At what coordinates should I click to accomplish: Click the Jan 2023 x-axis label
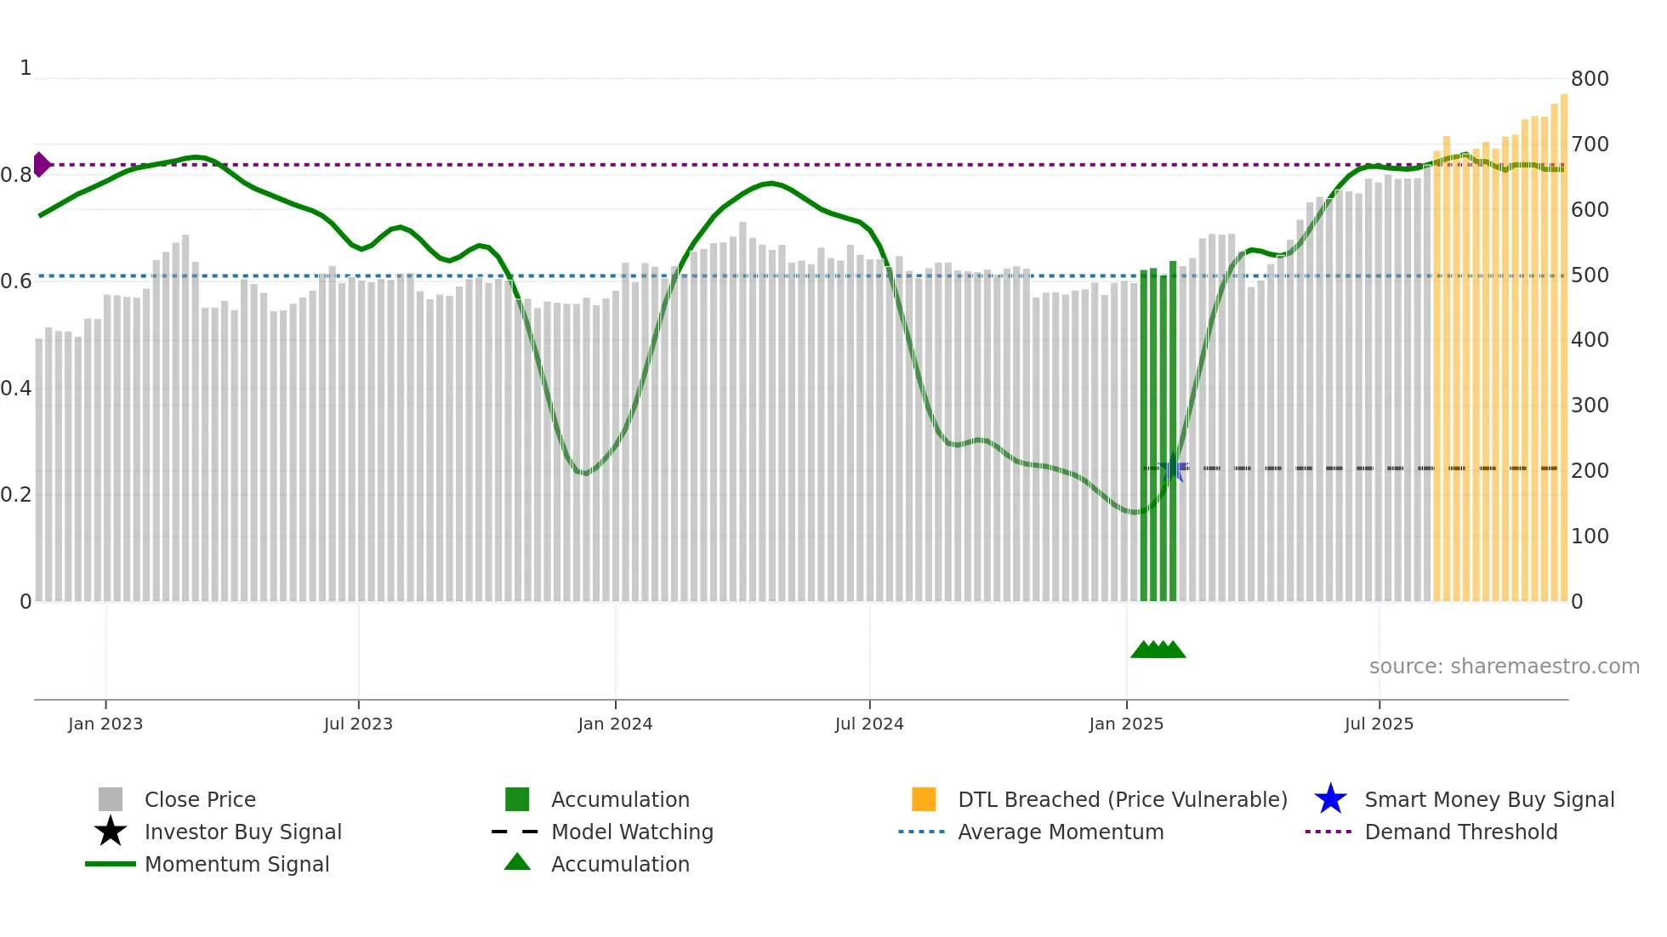105,724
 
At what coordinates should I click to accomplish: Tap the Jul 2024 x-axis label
869,724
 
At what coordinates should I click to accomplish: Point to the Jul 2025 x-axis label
1379,724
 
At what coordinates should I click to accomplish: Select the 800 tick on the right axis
1590,79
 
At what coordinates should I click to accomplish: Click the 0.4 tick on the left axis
16,389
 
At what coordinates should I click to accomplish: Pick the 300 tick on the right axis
1590,406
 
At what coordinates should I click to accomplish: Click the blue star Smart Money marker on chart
1174,468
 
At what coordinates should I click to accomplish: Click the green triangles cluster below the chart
1158,650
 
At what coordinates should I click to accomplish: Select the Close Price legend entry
200,799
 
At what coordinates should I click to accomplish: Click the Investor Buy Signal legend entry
242,832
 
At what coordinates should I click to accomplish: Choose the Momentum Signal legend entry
236,864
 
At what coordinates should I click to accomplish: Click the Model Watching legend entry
632,832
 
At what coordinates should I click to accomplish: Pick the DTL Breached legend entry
1122,799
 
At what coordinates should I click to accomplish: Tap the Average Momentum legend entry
1061,832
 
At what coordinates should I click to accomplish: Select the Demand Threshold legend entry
1460,832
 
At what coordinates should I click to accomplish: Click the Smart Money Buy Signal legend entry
1488,799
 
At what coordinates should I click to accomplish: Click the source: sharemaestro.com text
1504,667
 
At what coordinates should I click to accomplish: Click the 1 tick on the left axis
26,68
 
